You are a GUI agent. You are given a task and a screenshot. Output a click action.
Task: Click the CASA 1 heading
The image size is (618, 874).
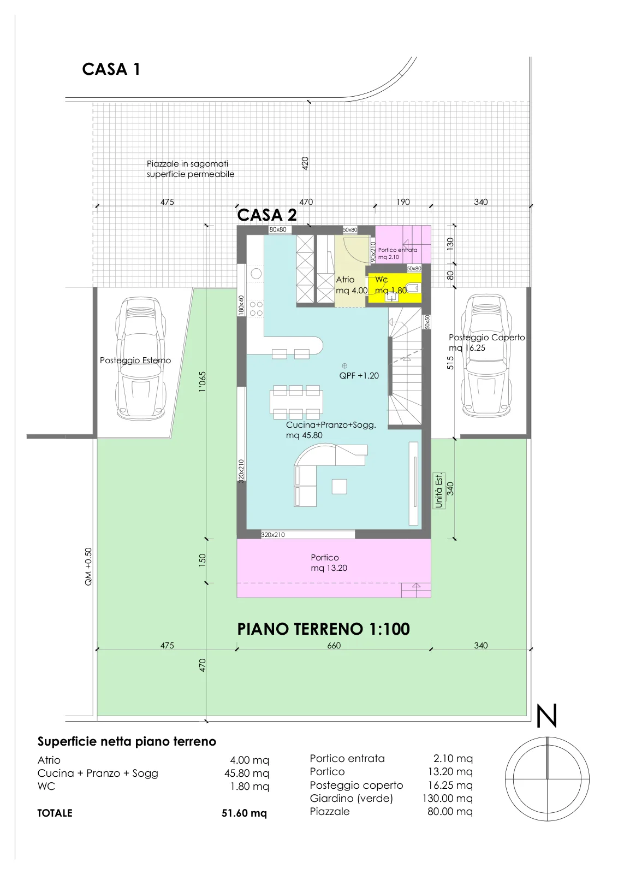pyautogui.click(x=111, y=69)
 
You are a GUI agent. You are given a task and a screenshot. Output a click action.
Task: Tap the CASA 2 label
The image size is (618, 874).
pyautogui.click(x=267, y=215)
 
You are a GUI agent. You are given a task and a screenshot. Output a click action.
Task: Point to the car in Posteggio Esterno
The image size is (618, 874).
pyautogui.click(x=140, y=358)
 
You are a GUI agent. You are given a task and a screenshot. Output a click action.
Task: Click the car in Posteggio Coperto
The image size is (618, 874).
pyautogui.click(x=486, y=355)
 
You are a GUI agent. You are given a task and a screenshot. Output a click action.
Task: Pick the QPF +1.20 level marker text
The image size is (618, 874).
pyautogui.click(x=359, y=375)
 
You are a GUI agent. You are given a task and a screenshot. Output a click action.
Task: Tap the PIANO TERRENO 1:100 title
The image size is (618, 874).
pyautogui.click(x=323, y=629)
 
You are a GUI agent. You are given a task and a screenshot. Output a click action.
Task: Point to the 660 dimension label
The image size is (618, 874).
pyautogui.click(x=334, y=645)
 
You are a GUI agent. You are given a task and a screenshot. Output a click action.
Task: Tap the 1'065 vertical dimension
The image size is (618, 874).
pyautogui.click(x=202, y=382)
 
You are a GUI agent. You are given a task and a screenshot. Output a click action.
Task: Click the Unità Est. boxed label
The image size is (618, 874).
pyautogui.click(x=438, y=491)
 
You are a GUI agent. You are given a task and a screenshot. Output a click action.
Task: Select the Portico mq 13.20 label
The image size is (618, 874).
pyautogui.click(x=329, y=563)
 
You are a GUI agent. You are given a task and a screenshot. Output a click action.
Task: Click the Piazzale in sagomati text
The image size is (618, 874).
pyautogui.click(x=187, y=163)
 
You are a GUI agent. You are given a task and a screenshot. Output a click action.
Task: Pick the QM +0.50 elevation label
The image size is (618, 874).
pyautogui.click(x=88, y=566)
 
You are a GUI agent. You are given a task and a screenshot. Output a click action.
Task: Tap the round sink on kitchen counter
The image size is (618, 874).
pyautogui.click(x=256, y=274)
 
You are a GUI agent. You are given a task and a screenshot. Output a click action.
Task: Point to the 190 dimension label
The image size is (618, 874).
pyautogui.click(x=403, y=202)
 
